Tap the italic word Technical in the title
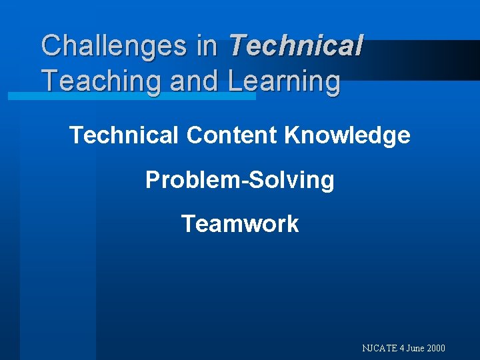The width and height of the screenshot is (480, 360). (x=295, y=46)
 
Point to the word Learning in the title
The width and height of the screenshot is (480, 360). (x=284, y=81)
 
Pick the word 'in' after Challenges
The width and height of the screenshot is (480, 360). (x=207, y=46)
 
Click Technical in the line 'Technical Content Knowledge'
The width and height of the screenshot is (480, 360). (x=124, y=135)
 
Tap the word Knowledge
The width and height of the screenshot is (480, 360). (x=347, y=135)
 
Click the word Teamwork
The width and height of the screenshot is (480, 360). (x=240, y=223)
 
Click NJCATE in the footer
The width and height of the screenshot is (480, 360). (x=380, y=348)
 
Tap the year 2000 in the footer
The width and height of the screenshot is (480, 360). (x=436, y=348)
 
